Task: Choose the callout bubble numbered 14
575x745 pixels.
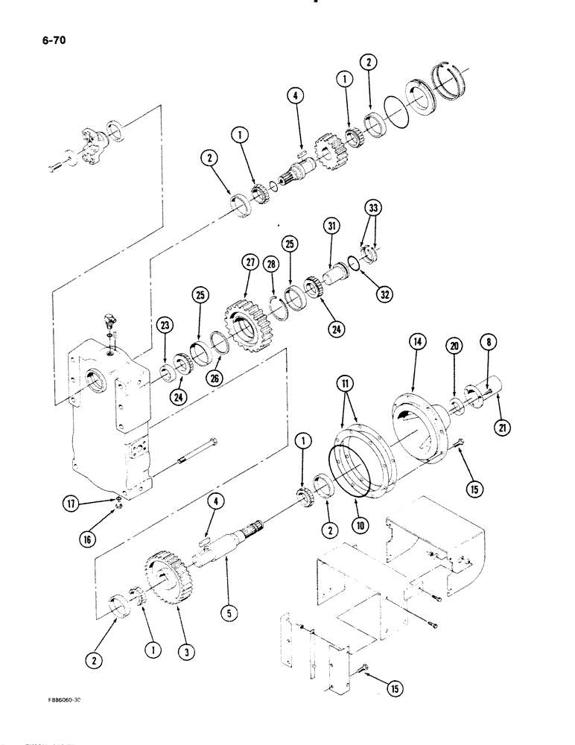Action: (x=416, y=342)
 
